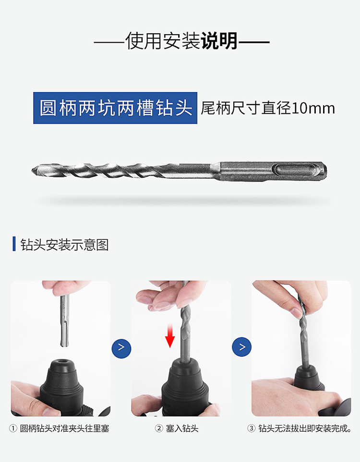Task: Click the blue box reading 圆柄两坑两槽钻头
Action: tap(115, 108)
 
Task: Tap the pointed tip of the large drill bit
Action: tap(32, 170)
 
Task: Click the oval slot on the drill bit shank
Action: tap(298, 170)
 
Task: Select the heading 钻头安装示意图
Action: tap(65, 245)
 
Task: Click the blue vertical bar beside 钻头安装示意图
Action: tap(14, 244)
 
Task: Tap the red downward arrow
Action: tap(170, 336)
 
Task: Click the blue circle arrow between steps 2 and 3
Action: tap(242, 347)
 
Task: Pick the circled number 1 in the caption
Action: tap(13, 428)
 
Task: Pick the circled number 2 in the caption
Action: tap(158, 428)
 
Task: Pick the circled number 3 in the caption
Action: tap(251, 428)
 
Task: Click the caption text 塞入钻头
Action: tap(182, 428)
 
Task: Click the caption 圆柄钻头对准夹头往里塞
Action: tap(65, 428)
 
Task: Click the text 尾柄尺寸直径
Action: tap(246, 108)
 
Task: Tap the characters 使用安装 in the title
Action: tap(163, 41)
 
